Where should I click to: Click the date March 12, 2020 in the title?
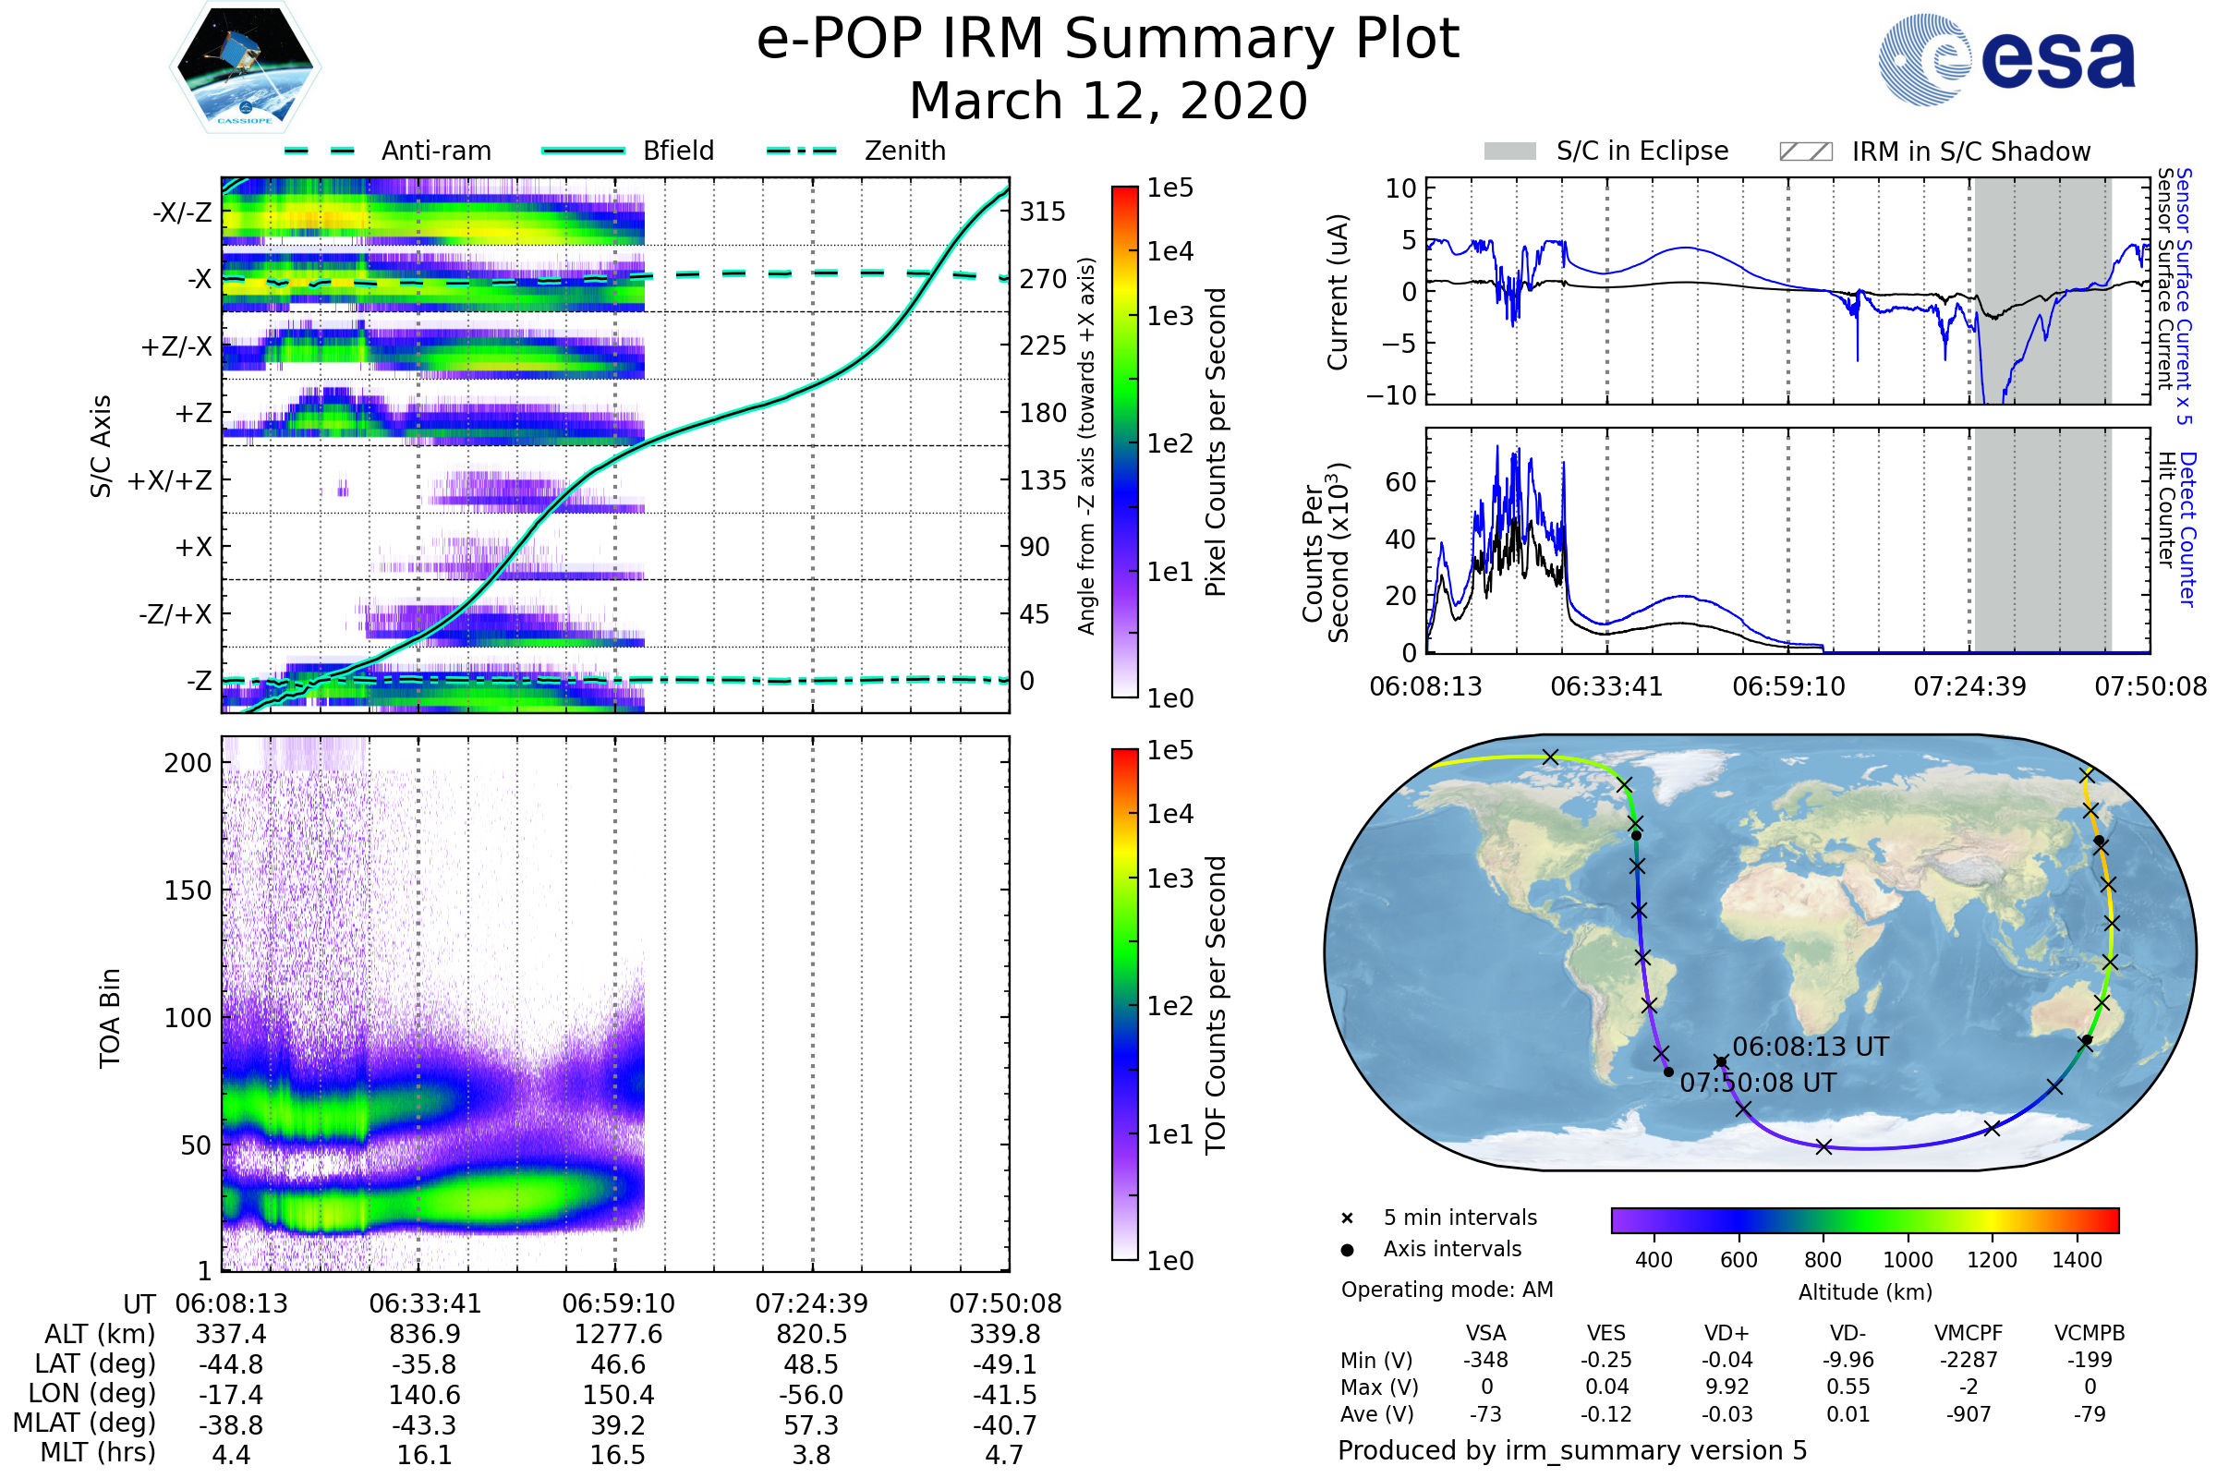[1108, 101]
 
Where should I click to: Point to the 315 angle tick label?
[1042, 212]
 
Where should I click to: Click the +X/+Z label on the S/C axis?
[170, 480]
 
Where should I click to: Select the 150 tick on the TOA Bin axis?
[188, 890]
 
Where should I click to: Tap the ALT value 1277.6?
[617, 1335]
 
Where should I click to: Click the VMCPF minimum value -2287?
[1969, 1360]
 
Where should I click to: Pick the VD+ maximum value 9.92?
[1726, 1387]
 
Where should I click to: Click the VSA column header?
[1485, 1333]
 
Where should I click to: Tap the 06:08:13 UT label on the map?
[1810, 1048]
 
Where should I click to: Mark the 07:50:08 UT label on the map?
[1757, 1083]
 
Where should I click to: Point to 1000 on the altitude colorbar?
[1907, 1260]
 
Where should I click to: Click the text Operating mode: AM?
[1447, 1290]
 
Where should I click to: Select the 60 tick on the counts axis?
[1400, 482]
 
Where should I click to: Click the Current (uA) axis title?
[1338, 292]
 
